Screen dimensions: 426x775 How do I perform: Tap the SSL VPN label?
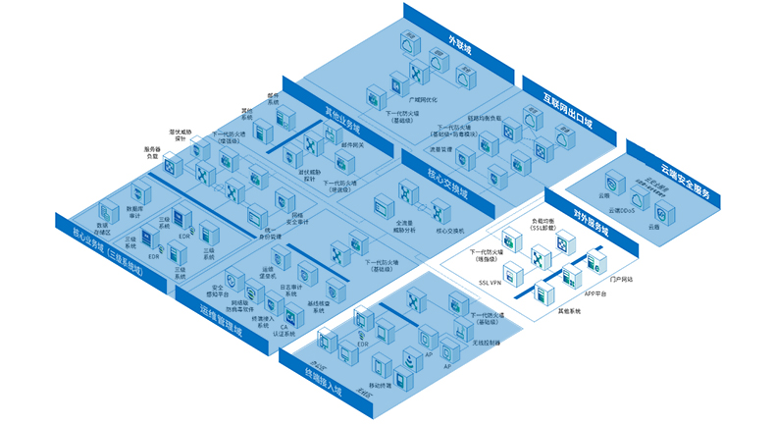tap(491, 282)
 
